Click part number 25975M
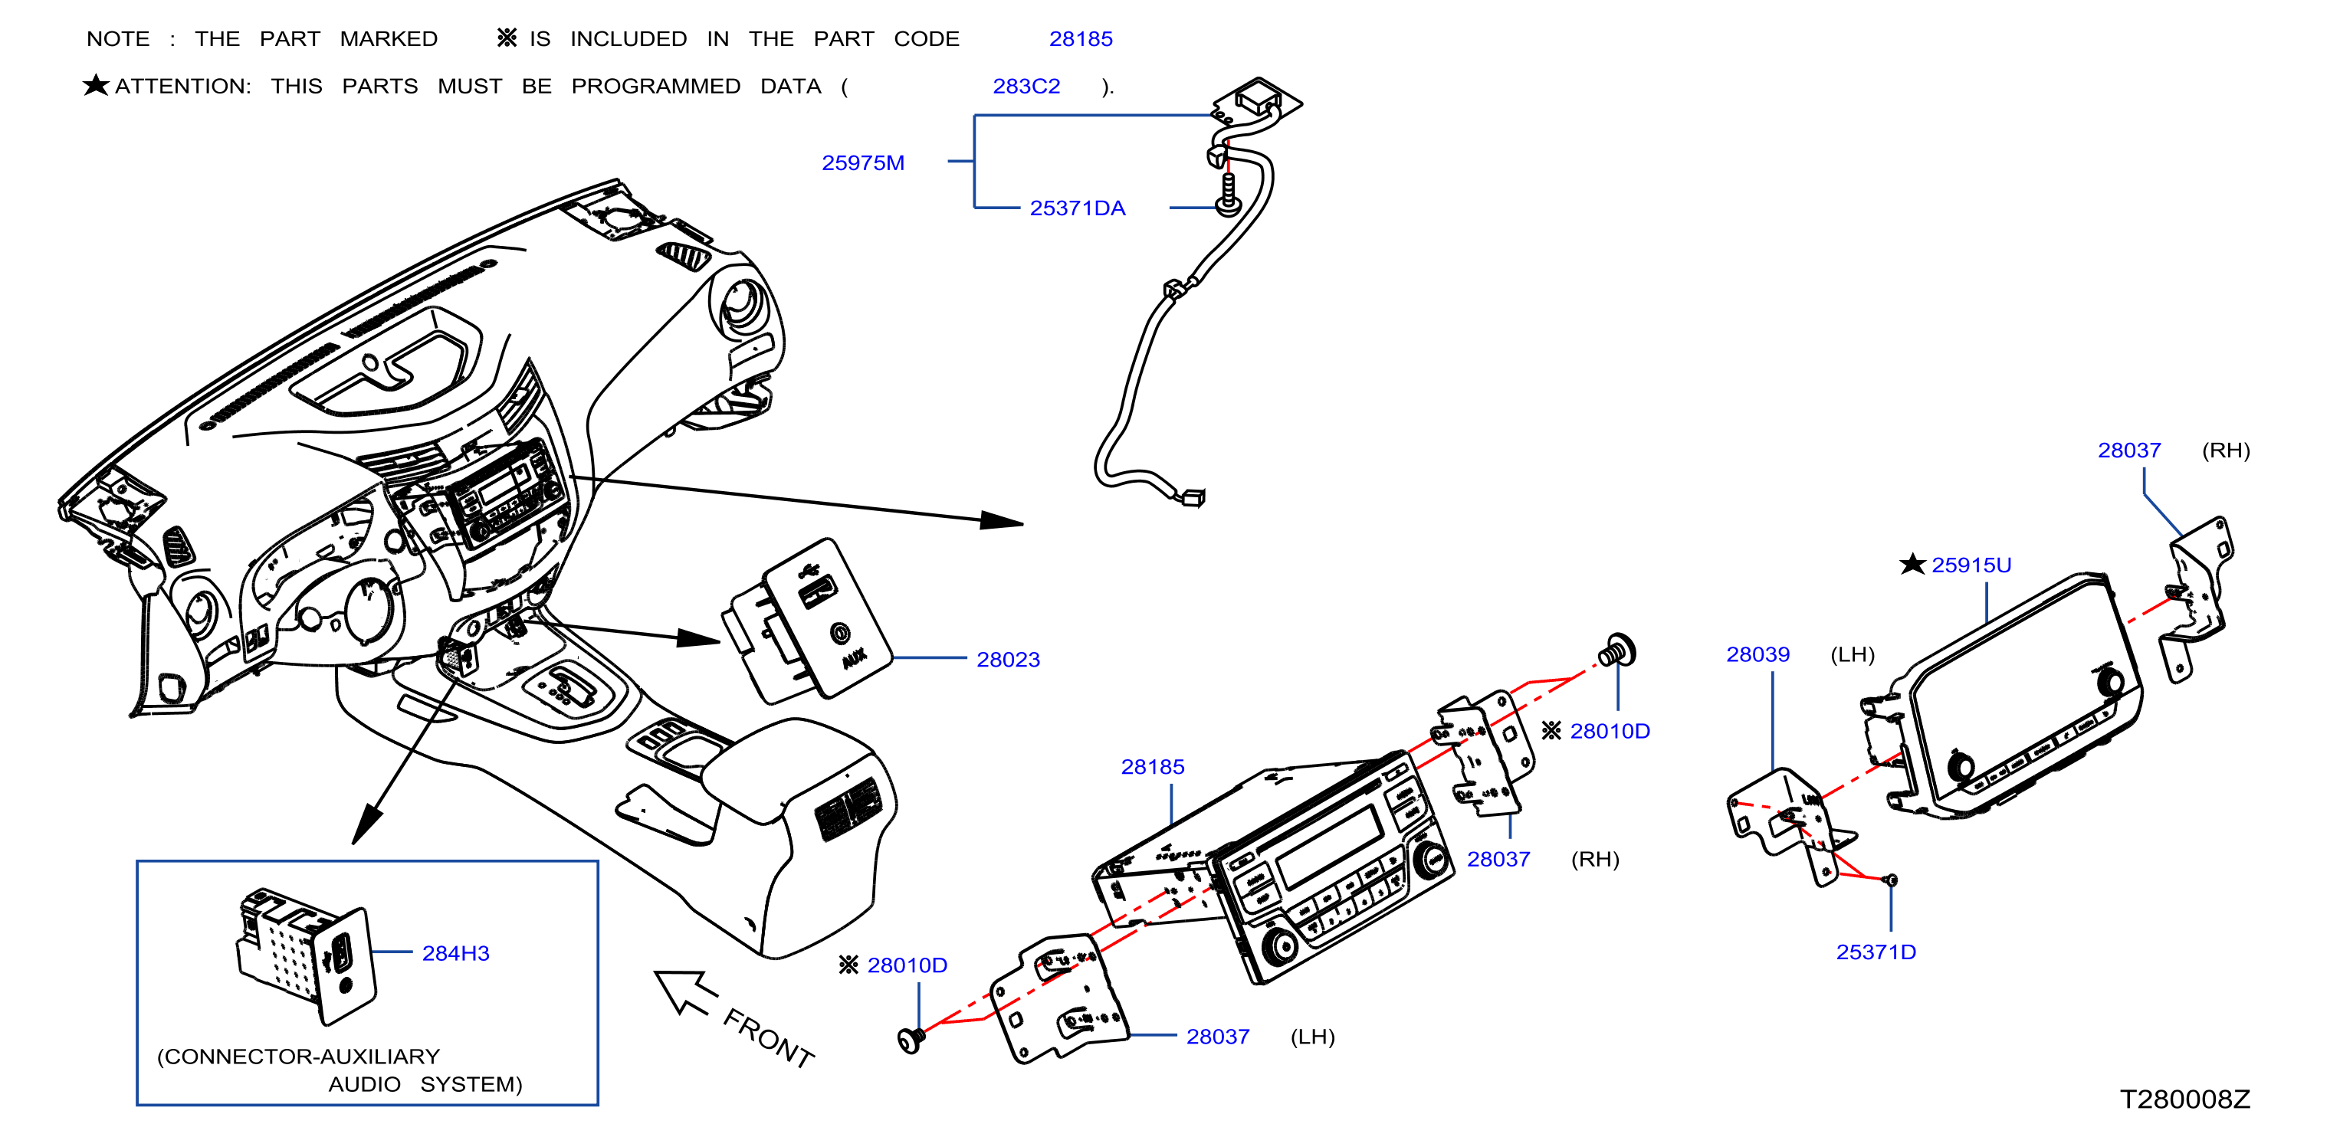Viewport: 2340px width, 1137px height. click(862, 162)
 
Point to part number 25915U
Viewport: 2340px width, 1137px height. click(1971, 565)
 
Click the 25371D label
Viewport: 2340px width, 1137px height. click(1875, 952)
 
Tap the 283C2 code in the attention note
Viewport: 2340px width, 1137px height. click(1026, 87)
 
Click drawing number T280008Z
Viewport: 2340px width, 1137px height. click(2184, 1099)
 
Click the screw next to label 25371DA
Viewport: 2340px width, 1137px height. click(1228, 195)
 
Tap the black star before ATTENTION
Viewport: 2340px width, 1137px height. click(95, 85)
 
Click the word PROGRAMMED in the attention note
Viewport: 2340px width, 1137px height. click(655, 87)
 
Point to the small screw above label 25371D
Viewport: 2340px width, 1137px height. click(1889, 879)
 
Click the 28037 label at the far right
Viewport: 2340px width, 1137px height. click(2128, 451)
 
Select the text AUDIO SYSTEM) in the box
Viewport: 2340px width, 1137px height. click(425, 1084)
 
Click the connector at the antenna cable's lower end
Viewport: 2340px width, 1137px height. click(1191, 496)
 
